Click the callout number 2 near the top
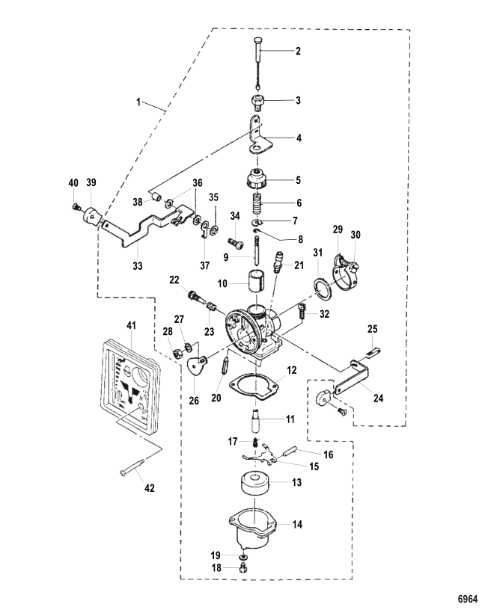click(x=298, y=51)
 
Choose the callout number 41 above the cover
click(x=131, y=325)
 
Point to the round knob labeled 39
click(x=91, y=215)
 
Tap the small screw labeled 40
click(x=76, y=208)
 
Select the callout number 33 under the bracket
click(x=138, y=266)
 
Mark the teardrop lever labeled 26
click(x=197, y=365)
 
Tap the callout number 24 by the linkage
click(x=378, y=398)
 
